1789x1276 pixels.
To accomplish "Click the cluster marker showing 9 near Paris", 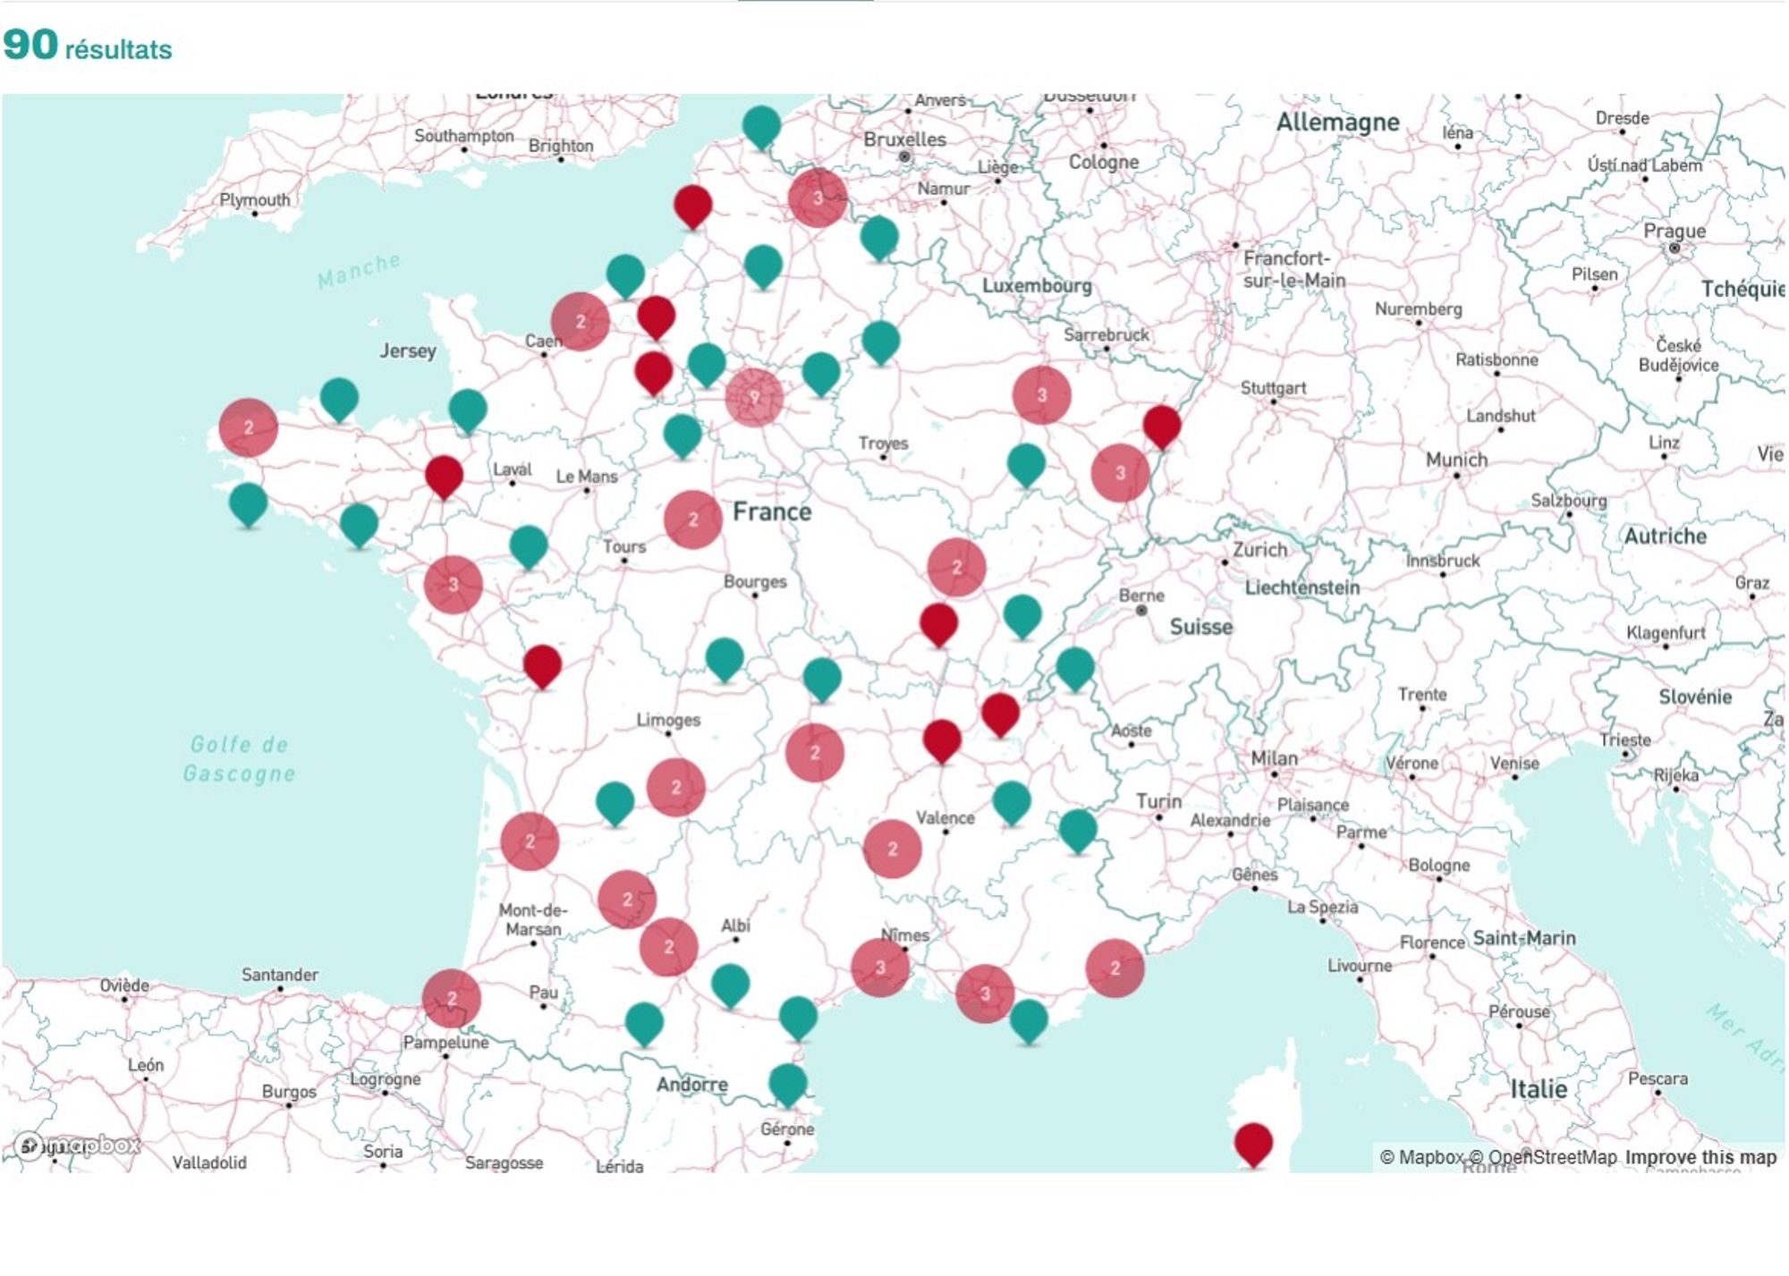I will click(x=754, y=397).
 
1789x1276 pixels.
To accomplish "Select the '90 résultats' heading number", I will click(x=30, y=45).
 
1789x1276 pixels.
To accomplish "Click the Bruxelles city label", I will click(x=904, y=139).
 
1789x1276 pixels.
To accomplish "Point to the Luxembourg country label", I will click(x=1037, y=285).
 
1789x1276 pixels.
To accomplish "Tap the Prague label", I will click(x=1674, y=231).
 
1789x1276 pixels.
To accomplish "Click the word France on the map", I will click(x=772, y=511).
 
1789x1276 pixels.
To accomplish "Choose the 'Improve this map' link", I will click(x=1700, y=1157).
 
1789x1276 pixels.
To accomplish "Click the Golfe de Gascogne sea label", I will click(x=239, y=758).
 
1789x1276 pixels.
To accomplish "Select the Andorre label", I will click(x=691, y=1085).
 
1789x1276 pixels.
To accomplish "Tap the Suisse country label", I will click(x=1200, y=627).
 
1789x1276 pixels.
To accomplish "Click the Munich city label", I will click(x=1456, y=460).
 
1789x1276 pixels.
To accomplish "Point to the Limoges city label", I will click(x=668, y=720).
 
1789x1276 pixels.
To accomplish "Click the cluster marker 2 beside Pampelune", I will click(x=452, y=998).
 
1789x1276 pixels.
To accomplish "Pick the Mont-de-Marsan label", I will click(x=532, y=919).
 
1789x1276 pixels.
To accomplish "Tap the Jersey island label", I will click(x=408, y=351).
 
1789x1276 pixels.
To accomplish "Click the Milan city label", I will click(x=1274, y=758).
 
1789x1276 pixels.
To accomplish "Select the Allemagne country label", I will click(x=1337, y=122).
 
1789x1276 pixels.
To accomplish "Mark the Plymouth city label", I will click(x=255, y=199).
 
